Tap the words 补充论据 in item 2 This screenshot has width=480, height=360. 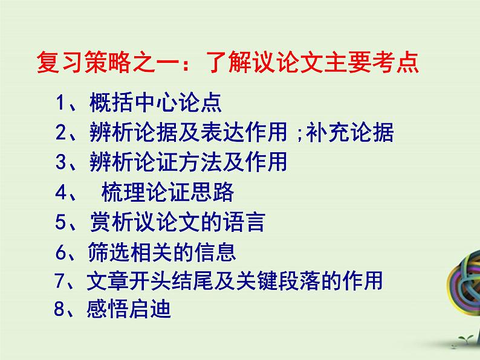tap(349, 132)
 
